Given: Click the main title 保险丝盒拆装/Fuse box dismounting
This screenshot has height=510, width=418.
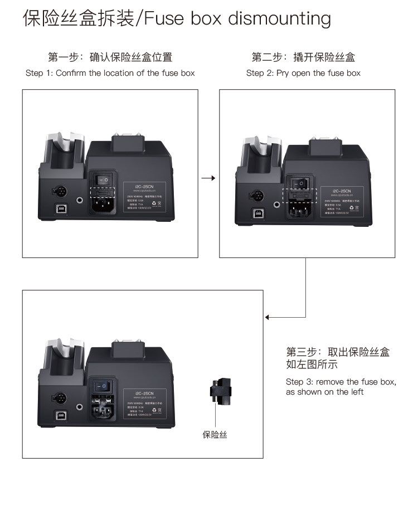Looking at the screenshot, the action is [177, 18].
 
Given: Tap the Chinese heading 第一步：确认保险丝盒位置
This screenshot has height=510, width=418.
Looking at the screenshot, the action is [110, 57].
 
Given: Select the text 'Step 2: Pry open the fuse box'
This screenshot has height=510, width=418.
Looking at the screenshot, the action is [303, 73].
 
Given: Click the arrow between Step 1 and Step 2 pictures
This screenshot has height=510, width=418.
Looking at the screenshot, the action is [208, 178].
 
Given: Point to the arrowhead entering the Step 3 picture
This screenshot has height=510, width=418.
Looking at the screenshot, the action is [268, 317].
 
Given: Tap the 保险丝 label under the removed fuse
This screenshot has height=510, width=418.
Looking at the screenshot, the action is [215, 435].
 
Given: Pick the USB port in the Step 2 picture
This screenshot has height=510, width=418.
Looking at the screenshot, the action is [257, 213].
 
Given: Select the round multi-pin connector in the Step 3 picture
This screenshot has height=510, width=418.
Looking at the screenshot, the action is [59, 398].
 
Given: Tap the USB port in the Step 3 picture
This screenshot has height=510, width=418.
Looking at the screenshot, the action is [60, 415].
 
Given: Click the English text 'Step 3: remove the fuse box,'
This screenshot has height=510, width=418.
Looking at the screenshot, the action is [341, 382].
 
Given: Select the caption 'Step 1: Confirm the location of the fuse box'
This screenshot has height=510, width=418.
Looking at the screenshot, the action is [110, 73].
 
